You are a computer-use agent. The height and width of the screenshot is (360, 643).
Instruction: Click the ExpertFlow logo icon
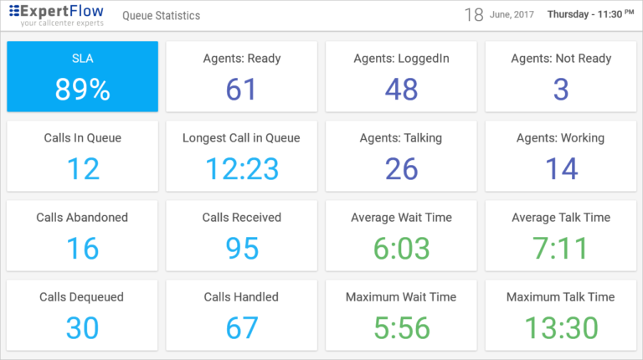coord(14,12)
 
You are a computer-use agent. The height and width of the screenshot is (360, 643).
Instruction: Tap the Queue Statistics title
coord(162,16)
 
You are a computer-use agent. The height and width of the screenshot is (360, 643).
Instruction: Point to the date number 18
coord(474,14)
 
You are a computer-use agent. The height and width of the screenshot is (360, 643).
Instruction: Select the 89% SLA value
coord(82,89)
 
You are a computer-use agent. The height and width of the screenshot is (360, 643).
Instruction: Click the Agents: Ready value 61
coord(241,89)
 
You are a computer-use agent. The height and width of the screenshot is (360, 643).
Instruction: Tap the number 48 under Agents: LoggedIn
coord(401,89)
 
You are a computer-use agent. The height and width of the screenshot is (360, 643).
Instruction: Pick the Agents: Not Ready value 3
coord(561,89)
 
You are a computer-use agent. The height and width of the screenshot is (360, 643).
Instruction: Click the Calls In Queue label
coord(82,138)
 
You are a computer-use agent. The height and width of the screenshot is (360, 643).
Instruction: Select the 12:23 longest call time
coord(241,168)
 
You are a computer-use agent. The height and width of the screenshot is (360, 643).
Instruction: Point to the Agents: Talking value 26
coord(401,168)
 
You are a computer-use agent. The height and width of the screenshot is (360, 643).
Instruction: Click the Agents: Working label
coord(560,138)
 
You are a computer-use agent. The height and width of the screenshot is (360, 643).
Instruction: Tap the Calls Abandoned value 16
coord(82,248)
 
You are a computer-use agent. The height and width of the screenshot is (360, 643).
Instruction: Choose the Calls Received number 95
coord(241,248)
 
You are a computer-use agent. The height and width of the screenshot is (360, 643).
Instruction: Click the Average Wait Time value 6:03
coord(401,248)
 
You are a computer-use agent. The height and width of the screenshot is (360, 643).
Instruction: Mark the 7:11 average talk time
coord(560,248)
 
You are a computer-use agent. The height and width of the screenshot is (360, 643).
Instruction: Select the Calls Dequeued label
coord(82,297)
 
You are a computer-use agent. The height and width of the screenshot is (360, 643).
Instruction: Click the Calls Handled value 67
coord(241,327)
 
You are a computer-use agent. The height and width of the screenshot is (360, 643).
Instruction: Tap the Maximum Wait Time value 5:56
coord(401,327)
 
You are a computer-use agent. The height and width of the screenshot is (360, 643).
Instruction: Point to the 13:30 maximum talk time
coord(560,327)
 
